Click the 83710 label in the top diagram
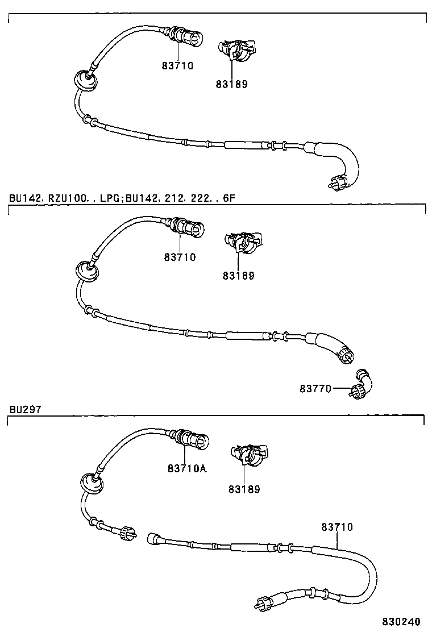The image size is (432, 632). (x=178, y=66)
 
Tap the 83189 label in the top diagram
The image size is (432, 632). (x=231, y=85)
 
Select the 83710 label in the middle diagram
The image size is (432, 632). (x=180, y=257)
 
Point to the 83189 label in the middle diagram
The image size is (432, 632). (x=238, y=276)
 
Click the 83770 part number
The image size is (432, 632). (x=315, y=389)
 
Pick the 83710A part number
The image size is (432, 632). (x=187, y=469)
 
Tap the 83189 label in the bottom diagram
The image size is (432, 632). (x=244, y=489)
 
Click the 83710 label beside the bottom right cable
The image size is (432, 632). (x=337, y=527)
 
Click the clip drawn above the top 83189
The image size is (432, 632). (x=236, y=49)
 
